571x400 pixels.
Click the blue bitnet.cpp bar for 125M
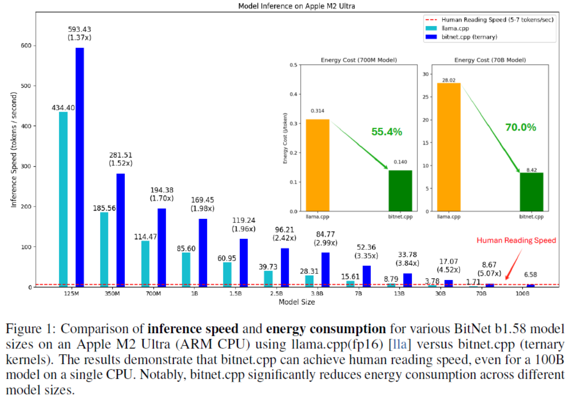tap(80, 167)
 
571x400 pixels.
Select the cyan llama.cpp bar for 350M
tap(104, 249)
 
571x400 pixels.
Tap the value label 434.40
tap(64, 108)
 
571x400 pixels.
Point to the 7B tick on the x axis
tap(358, 294)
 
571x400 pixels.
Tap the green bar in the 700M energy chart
tap(400, 190)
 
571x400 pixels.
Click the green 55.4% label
tap(387, 132)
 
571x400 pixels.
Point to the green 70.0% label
tap(520, 127)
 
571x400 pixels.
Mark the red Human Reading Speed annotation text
tap(517, 240)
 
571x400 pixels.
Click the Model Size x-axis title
tap(296, 302)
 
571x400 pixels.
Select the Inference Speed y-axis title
tap(14, 150)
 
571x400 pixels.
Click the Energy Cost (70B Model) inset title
tap(490, 60)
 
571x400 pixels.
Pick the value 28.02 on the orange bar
tap(449, 80)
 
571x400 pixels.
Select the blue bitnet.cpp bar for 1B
tap(203, 253)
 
